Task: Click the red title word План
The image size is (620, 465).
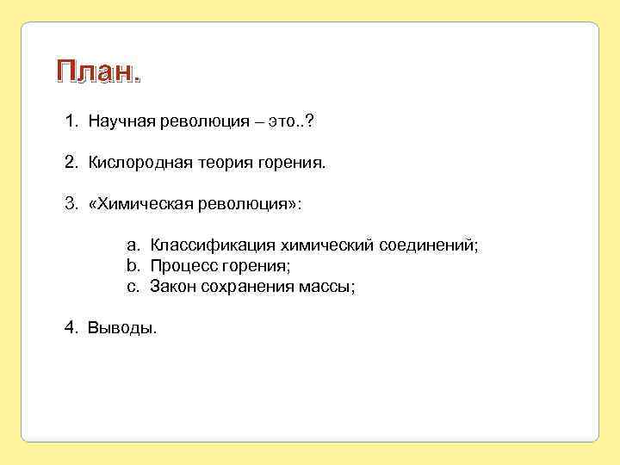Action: pyautogui.click(x=96, y=73)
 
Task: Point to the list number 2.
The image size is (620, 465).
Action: pyautogui.click(x=70, y=162)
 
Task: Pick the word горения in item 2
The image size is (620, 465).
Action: pyautogui.click(x=291, y=163)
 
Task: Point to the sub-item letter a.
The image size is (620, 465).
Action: pyautogui.click(x=133, y=246)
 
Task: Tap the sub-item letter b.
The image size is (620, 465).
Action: pyautogui.click(x=133, y=266)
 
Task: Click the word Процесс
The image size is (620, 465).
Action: pyautogui.click(x=182, y=267)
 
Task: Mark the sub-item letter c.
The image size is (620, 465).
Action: pyautogui.click(x=133, y=287)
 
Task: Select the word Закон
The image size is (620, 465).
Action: pyautogui.click(x=173, y=287)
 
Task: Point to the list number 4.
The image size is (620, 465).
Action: pyautogui.click(x=70, y=328)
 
